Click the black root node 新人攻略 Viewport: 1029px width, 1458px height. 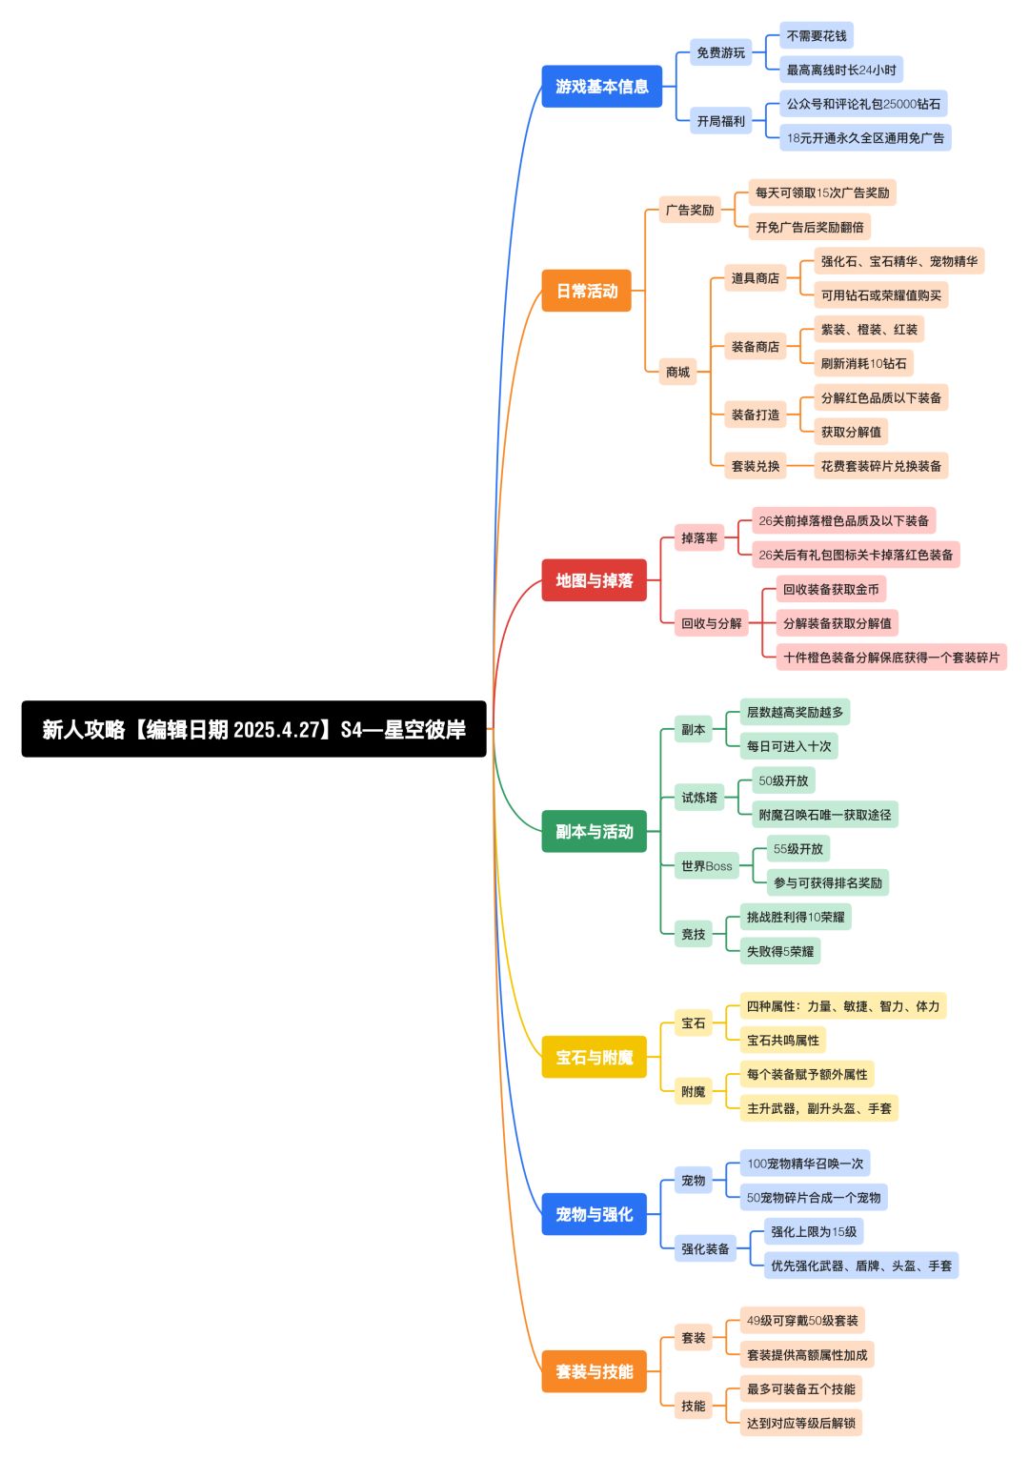253,729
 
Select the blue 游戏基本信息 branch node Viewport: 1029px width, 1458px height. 601,87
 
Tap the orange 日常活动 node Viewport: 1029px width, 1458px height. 586,291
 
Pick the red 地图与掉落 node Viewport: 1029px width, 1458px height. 594,580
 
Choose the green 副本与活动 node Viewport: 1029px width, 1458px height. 594,832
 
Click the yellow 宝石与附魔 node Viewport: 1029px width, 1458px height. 594,1057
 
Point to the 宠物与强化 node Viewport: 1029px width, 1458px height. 594,1214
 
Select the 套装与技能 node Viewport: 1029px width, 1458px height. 594,1371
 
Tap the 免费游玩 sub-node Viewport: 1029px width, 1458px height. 720,52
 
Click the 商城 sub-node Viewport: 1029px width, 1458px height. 677,372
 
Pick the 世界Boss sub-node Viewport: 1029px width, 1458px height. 706,866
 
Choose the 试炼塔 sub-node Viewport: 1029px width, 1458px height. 698,798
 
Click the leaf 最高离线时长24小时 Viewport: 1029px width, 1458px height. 840,70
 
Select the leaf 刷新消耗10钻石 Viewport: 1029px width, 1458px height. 863,363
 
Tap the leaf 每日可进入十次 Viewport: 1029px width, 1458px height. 789,746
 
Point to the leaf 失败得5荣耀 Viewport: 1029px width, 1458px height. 779,951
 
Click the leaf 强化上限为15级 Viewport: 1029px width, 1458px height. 813,1231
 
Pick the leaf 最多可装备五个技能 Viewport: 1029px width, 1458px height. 800,1388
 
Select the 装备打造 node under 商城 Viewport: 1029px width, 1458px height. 755,415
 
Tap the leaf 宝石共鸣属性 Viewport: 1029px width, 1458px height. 782,1040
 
